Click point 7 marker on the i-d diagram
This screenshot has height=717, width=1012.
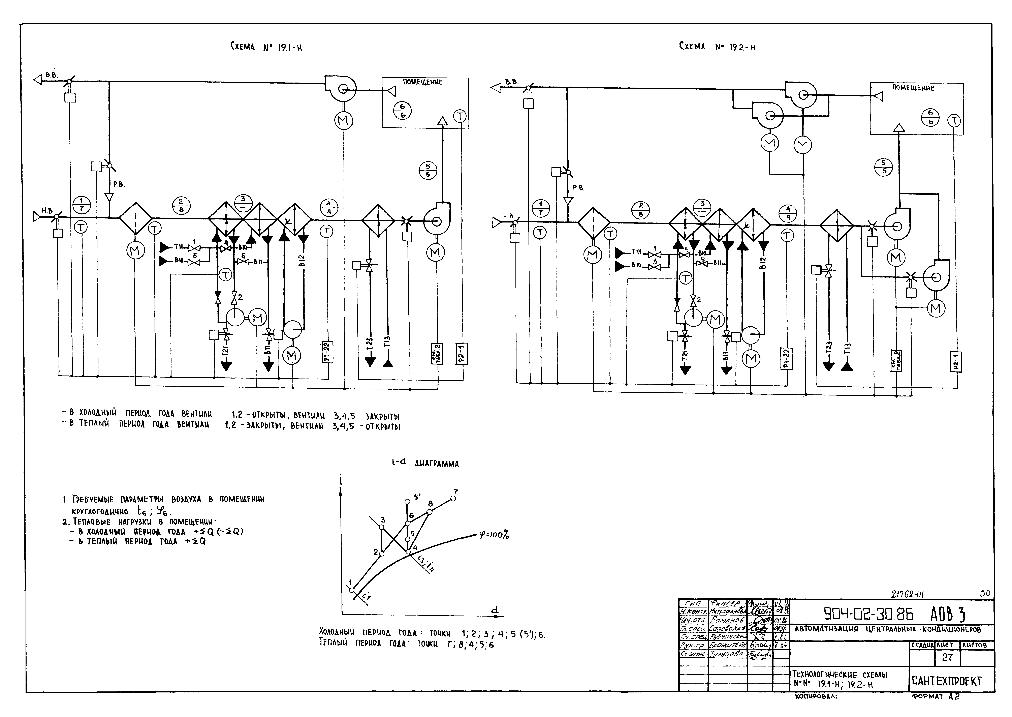[453, 499]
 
